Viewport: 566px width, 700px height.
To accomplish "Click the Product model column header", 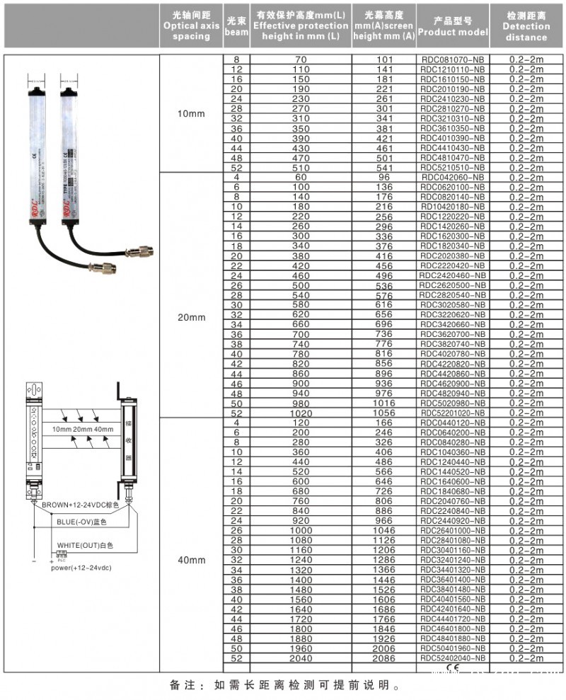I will pos(453,26).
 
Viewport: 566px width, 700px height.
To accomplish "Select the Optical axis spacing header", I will pos(191,26).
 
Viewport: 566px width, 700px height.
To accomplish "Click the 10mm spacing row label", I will pos(191,113).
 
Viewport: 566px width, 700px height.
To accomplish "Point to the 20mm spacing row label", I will pos(191,317).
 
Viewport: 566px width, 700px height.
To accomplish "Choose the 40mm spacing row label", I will pos(191,560).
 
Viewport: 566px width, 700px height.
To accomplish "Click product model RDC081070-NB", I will pos(453,59).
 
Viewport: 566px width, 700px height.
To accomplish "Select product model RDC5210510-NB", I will pos(453,168).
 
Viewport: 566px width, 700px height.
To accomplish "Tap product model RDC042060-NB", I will pos(453,178).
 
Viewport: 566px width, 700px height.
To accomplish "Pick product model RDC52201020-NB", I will pos(453,413).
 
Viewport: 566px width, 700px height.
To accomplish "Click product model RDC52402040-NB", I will pos(453,659).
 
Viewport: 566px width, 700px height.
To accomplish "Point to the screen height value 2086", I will pos(383,659).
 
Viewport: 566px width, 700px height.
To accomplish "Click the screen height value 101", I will pos(383,59).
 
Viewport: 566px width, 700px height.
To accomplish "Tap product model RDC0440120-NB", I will pos(453,423).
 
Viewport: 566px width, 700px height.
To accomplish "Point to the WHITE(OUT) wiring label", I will pos(85,546).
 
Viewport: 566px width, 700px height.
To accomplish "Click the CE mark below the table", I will pos(453,667).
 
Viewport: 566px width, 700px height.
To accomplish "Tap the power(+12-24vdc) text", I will pos(81,568).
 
